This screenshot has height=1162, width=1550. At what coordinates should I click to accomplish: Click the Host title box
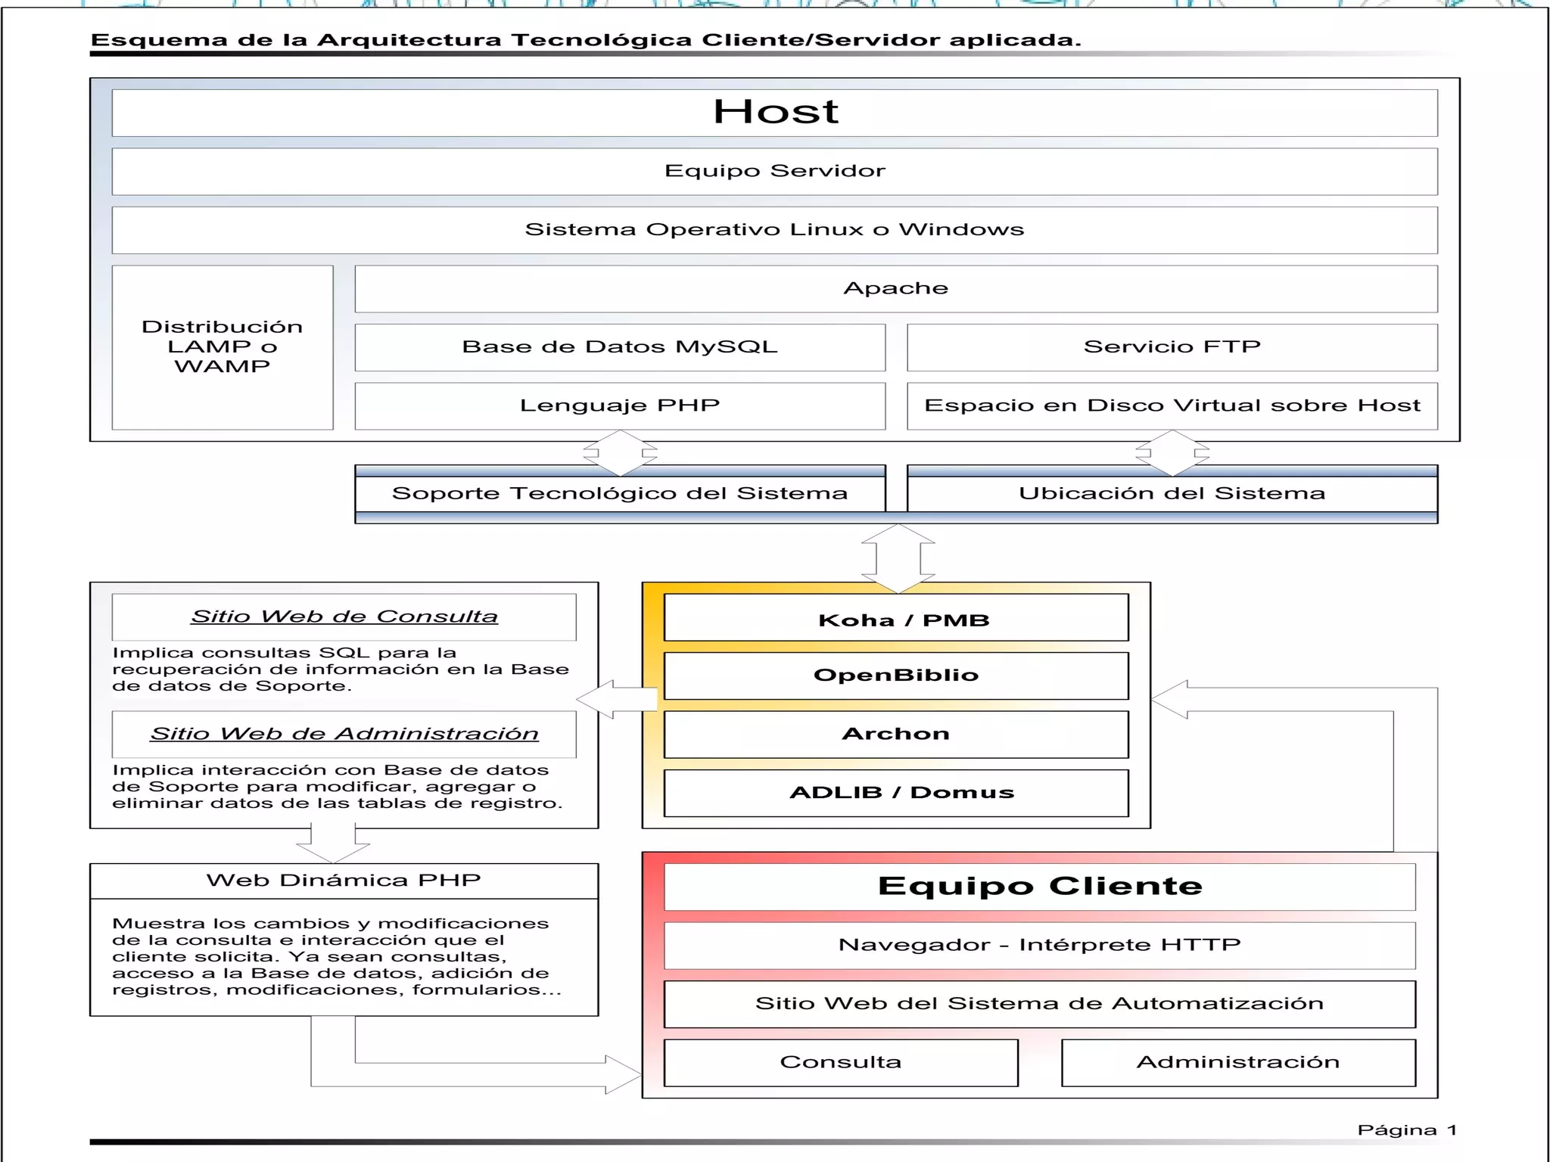click(x=774, y=113)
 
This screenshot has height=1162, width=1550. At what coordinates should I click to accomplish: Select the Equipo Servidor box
click(x=774, y=171)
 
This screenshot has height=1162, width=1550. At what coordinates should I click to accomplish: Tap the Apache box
click(x=895, y=288)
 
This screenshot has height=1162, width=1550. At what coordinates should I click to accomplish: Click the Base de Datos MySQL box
click(x=619, y=347)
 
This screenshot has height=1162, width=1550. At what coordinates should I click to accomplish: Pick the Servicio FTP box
click(x=1172, y=347)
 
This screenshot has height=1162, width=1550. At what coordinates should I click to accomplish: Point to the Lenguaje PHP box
click(x=619, y=405)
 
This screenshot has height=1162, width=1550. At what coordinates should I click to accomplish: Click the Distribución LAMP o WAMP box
click(x=222, y=346)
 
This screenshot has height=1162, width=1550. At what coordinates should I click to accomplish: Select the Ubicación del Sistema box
click(x=1172, y=494)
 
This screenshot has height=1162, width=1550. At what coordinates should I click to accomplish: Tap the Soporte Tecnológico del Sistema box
click(x=619, y=494)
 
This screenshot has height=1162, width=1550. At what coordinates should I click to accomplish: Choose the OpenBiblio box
click(x=895, y=676)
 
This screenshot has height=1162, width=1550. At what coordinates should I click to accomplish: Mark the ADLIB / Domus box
click(x=895, y=793)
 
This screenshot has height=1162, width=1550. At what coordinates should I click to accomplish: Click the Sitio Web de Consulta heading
click(x=344, y=617)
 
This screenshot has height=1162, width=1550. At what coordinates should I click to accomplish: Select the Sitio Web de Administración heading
click(x=344, y=734)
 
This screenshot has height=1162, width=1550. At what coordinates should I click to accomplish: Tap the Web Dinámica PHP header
click(x=344, y=881)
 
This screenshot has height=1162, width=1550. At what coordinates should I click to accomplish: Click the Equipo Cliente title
click(x=1039, y=887)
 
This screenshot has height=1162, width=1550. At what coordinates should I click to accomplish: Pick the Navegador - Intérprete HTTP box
click(x=1039, y=945)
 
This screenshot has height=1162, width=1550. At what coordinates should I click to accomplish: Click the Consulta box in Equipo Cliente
click(x=840, y=1062)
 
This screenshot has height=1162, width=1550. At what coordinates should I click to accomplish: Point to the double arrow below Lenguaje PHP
click(x=620, y=453)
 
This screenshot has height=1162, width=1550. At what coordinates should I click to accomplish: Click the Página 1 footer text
click(x=1406, y=1130)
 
